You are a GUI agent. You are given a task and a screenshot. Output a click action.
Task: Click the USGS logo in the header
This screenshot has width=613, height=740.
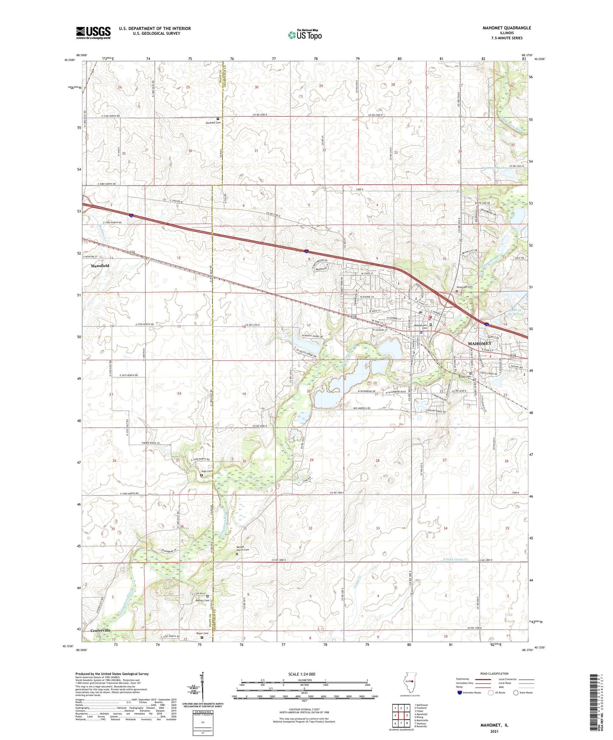coord(93,32)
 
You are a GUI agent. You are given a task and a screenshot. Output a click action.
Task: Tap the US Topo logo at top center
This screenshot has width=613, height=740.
coord(305,35)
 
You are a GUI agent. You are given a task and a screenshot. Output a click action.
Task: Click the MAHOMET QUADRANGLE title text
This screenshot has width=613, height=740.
coord(507,28)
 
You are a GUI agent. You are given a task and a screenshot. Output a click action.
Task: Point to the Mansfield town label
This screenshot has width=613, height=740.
coord(100,266)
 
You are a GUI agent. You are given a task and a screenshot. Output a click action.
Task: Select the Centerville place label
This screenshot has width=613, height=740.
coord(101,630)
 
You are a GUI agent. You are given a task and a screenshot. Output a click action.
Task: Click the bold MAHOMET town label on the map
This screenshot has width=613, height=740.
coord(479,343)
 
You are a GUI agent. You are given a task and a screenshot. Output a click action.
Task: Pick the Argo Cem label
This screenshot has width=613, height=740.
coord(207,471)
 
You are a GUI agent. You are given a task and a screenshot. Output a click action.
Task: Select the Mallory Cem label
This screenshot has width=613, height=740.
coord(202,600)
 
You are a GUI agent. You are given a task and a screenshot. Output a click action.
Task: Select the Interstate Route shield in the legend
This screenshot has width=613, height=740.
coord(460,693)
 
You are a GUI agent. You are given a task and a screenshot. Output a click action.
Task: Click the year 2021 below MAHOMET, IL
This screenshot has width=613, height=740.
coord(494,731)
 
